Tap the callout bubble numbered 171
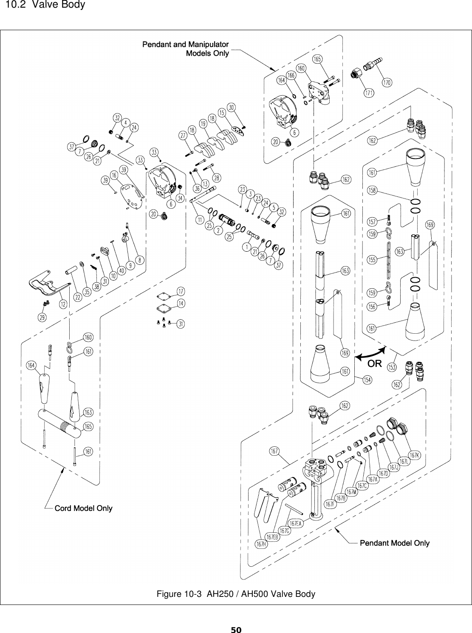tap(369, 92)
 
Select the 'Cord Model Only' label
tap(84, 508)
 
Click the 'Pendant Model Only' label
tap(395, 543)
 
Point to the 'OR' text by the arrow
tap(375, 364)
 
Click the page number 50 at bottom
tap(236, 629)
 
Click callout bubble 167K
tap(414, 455)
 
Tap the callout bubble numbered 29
tap(43, 317)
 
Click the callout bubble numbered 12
tap(63, 304)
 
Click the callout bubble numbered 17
tap(181, 291)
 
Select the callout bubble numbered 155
tap(372, 260)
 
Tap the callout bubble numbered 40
tap(122, 270)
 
